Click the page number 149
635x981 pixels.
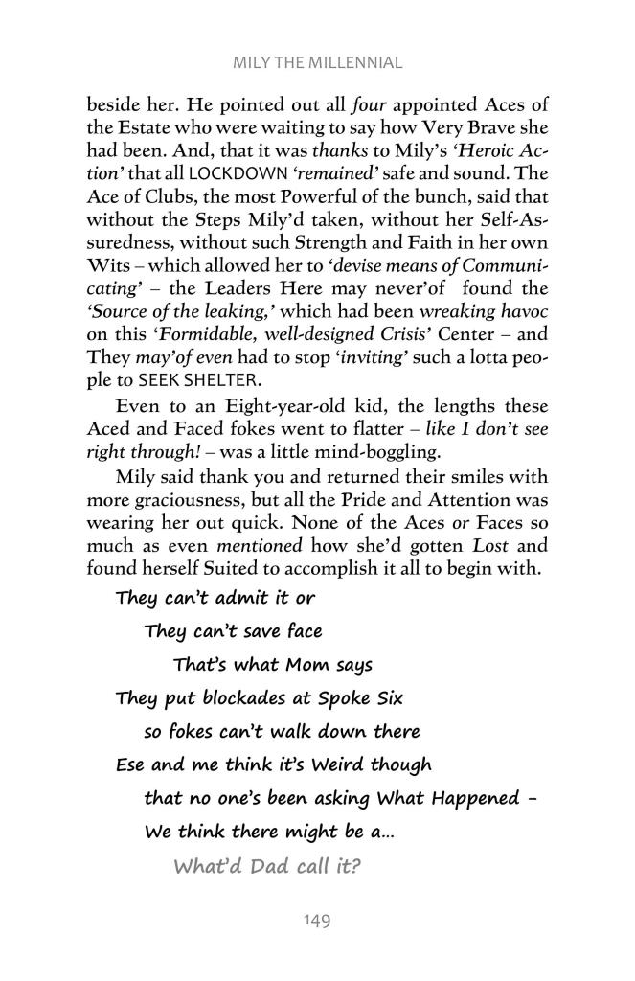coord(317,921)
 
